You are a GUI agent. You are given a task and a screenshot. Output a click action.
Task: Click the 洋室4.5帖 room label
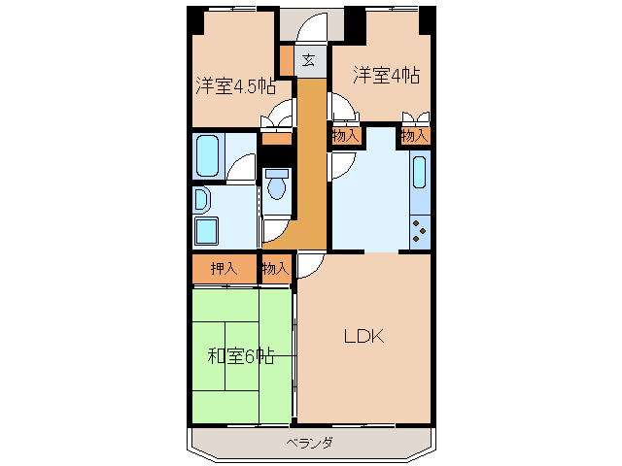click(235, 86)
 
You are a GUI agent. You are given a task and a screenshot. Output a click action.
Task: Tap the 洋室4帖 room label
click(387, 76)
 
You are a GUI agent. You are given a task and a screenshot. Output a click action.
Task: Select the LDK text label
click(363, 337)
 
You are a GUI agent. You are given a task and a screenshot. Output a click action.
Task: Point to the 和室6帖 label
click(241, 356)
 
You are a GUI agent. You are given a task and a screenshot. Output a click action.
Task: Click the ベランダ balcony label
click(310, 443)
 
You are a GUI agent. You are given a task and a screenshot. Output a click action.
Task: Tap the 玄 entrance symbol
click(308, 60)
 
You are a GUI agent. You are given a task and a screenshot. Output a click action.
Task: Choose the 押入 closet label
click(225, 269)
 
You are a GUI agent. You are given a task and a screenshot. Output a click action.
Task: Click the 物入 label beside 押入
click(275, 269)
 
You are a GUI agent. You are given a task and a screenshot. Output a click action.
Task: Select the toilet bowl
click(277, 183)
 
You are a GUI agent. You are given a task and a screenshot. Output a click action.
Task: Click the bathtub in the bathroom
click(207, 155)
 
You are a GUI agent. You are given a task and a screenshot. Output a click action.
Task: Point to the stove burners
click(419, 231)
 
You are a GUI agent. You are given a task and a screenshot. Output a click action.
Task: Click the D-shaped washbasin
click(202, 199)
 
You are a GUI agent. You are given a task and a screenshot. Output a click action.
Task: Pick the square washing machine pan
click(207, 231)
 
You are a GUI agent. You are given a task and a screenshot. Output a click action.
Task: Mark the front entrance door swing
click(312, 26)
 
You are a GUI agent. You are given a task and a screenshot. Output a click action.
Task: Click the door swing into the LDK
click(311, 265)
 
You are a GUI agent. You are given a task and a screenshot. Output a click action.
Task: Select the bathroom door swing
click(241, 167)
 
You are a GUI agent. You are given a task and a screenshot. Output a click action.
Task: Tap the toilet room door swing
click(276, 230)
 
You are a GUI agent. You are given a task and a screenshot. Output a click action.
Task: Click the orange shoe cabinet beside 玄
click(287, 60)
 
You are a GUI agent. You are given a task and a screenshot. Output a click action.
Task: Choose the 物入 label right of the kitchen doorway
click(414, 136)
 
